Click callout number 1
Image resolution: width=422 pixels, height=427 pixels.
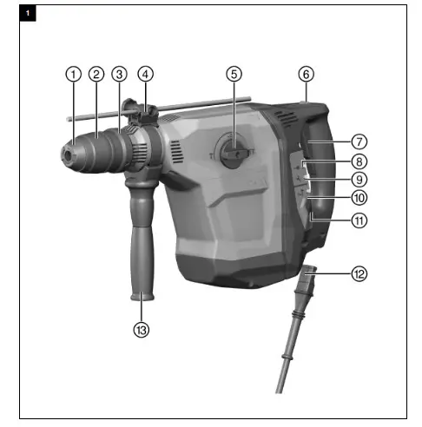(73, 74)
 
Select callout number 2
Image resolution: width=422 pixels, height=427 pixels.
(96, 74)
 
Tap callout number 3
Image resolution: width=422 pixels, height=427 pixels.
(119, 74)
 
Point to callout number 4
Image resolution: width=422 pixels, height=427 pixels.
(144, 74)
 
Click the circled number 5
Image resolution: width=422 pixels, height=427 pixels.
(233, 74)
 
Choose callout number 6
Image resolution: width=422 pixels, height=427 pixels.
(305, 74)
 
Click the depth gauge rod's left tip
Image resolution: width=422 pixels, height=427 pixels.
(66, 114)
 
